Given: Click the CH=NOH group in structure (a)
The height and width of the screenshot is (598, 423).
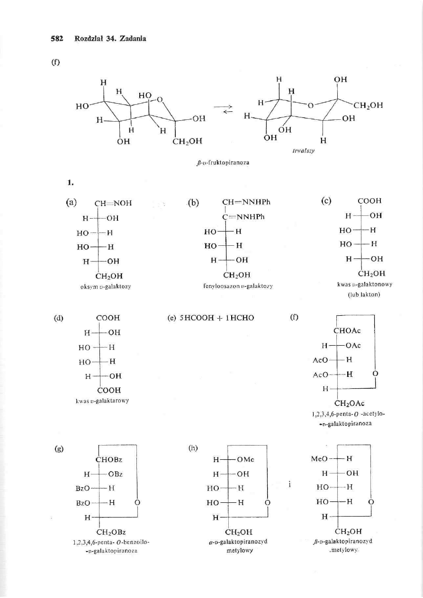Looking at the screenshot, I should click(x=113, y=204).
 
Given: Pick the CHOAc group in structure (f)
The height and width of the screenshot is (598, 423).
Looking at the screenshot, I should click(x=347, y=331).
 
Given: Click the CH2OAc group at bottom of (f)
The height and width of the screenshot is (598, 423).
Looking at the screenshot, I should click(x=350, y=403).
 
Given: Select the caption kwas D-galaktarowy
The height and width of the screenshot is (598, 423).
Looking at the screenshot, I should click(x=108, y=401).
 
